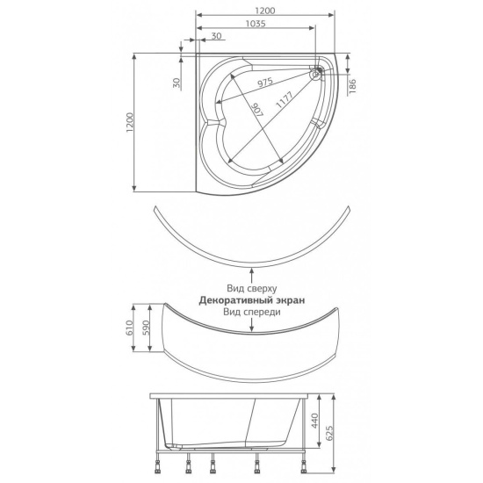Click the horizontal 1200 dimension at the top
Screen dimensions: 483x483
coord(265,11)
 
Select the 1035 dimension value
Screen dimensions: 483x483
coord(256,24)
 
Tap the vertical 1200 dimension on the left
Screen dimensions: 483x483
coord(130,122)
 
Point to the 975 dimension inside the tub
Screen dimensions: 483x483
coord(265,83)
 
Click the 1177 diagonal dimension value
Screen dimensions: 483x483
coord(285,99)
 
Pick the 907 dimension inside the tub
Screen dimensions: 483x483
coord(258,110)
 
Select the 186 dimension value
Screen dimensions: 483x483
coord(353,86)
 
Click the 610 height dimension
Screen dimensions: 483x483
coord(129,328)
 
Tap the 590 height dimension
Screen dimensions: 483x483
coord(146,328)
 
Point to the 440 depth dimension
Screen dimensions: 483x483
coord(314,421)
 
